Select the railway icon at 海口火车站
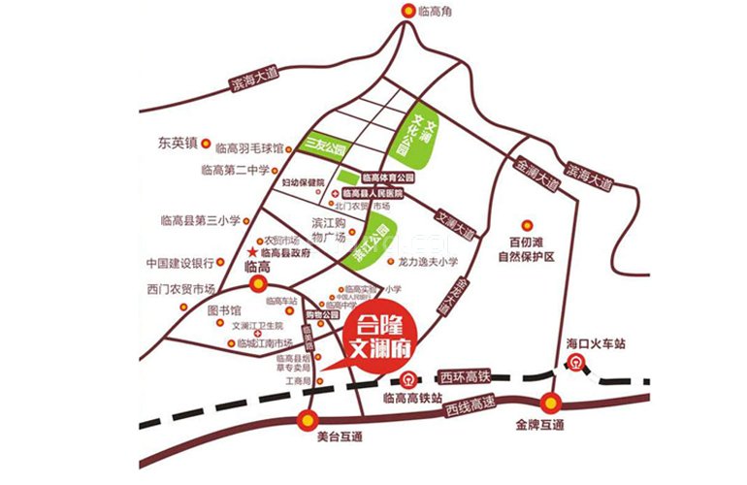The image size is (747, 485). (x=575, y=364)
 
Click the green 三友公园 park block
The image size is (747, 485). (x=325, y=145)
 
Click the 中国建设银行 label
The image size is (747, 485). (x=179, y=263)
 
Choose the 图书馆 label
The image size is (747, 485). (x=224, y=311)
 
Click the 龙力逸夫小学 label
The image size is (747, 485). (x=421, y=263)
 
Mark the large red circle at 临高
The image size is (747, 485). (x=258, y=283)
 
